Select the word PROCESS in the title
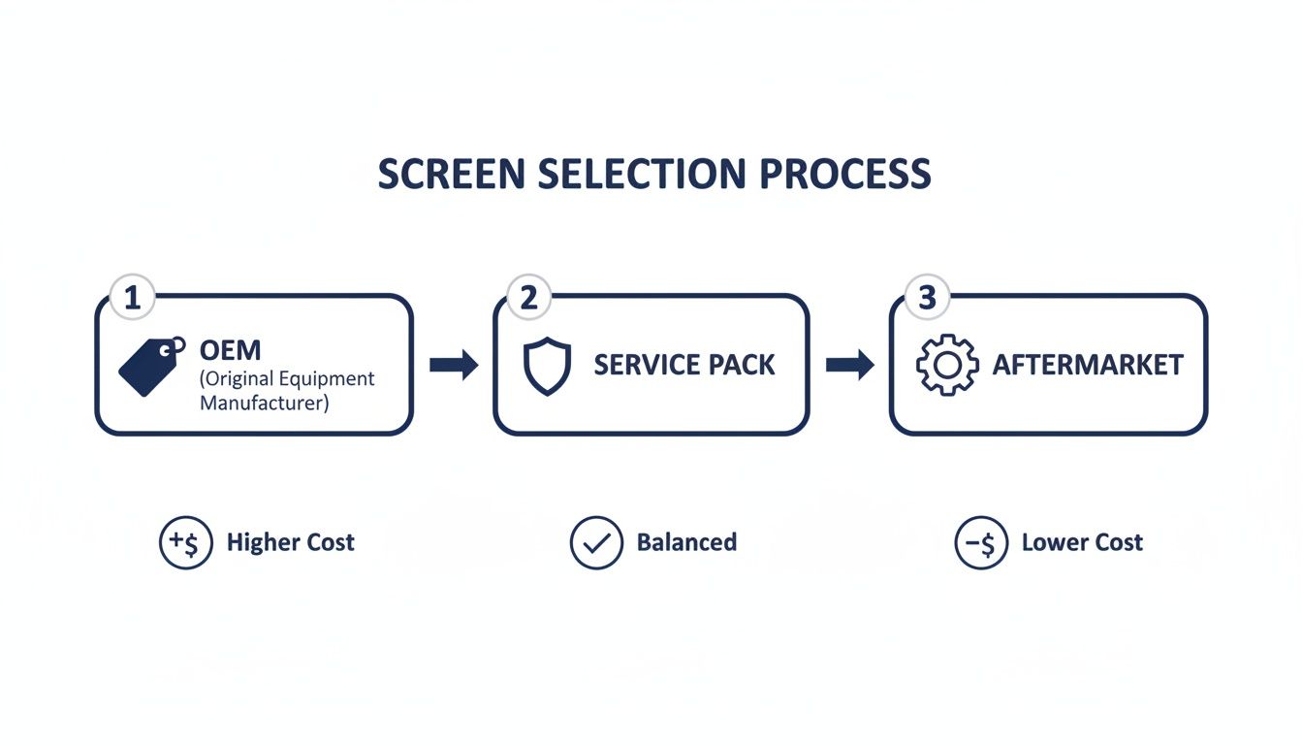845,174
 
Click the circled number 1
132,298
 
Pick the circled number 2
528,298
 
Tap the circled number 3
926,298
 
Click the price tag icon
151,367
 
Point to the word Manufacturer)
264,402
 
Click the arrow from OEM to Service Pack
454,365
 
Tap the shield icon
548,365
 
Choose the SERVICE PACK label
684,365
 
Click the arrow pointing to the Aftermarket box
850,365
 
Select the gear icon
945,365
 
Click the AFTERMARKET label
1088,365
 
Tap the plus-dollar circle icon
185,542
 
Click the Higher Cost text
290,542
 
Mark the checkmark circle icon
596,542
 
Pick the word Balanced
686,542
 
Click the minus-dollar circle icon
981,542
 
